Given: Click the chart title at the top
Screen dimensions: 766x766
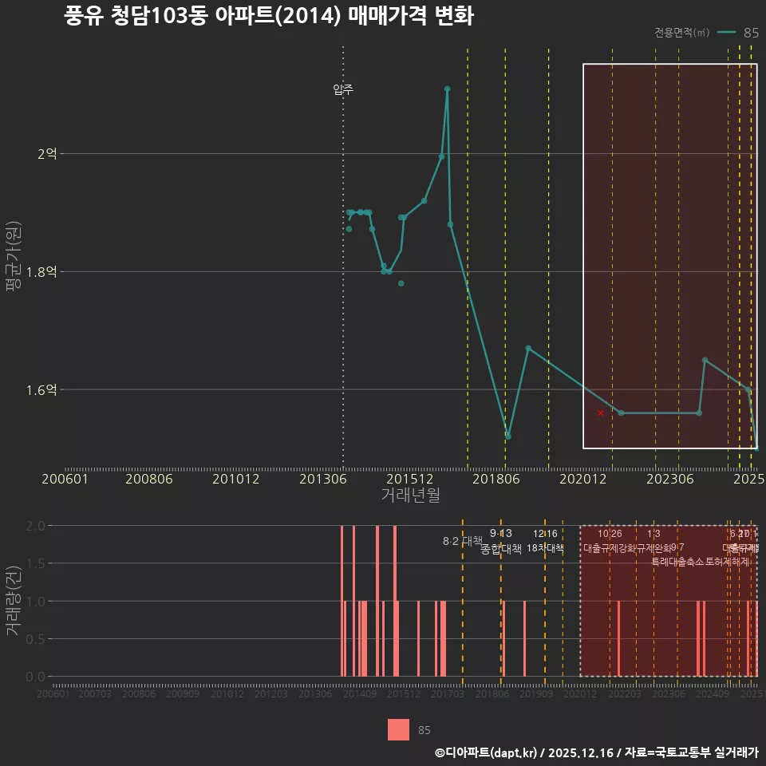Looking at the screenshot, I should point(269,17).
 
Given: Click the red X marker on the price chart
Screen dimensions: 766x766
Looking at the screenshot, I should point(600,413).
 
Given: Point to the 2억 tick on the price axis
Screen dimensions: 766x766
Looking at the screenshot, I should point(47,153).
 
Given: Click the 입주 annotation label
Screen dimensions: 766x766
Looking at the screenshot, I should point(343,89).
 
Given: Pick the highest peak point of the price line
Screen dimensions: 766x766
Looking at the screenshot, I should point(448,89).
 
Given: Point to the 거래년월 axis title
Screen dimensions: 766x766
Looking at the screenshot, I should point(410,496).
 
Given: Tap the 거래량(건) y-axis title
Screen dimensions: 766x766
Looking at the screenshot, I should point(14,601).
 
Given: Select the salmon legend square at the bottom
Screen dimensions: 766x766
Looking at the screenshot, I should point(398,729).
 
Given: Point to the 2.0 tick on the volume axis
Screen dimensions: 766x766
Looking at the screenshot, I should point(35,526).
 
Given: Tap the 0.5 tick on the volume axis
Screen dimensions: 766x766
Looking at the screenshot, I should point(35,638).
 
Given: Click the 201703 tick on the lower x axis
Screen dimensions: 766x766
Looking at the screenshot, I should point(448,694).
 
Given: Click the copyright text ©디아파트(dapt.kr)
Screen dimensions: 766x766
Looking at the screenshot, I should point(488,752).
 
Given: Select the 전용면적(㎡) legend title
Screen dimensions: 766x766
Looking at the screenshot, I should point(681,33).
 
